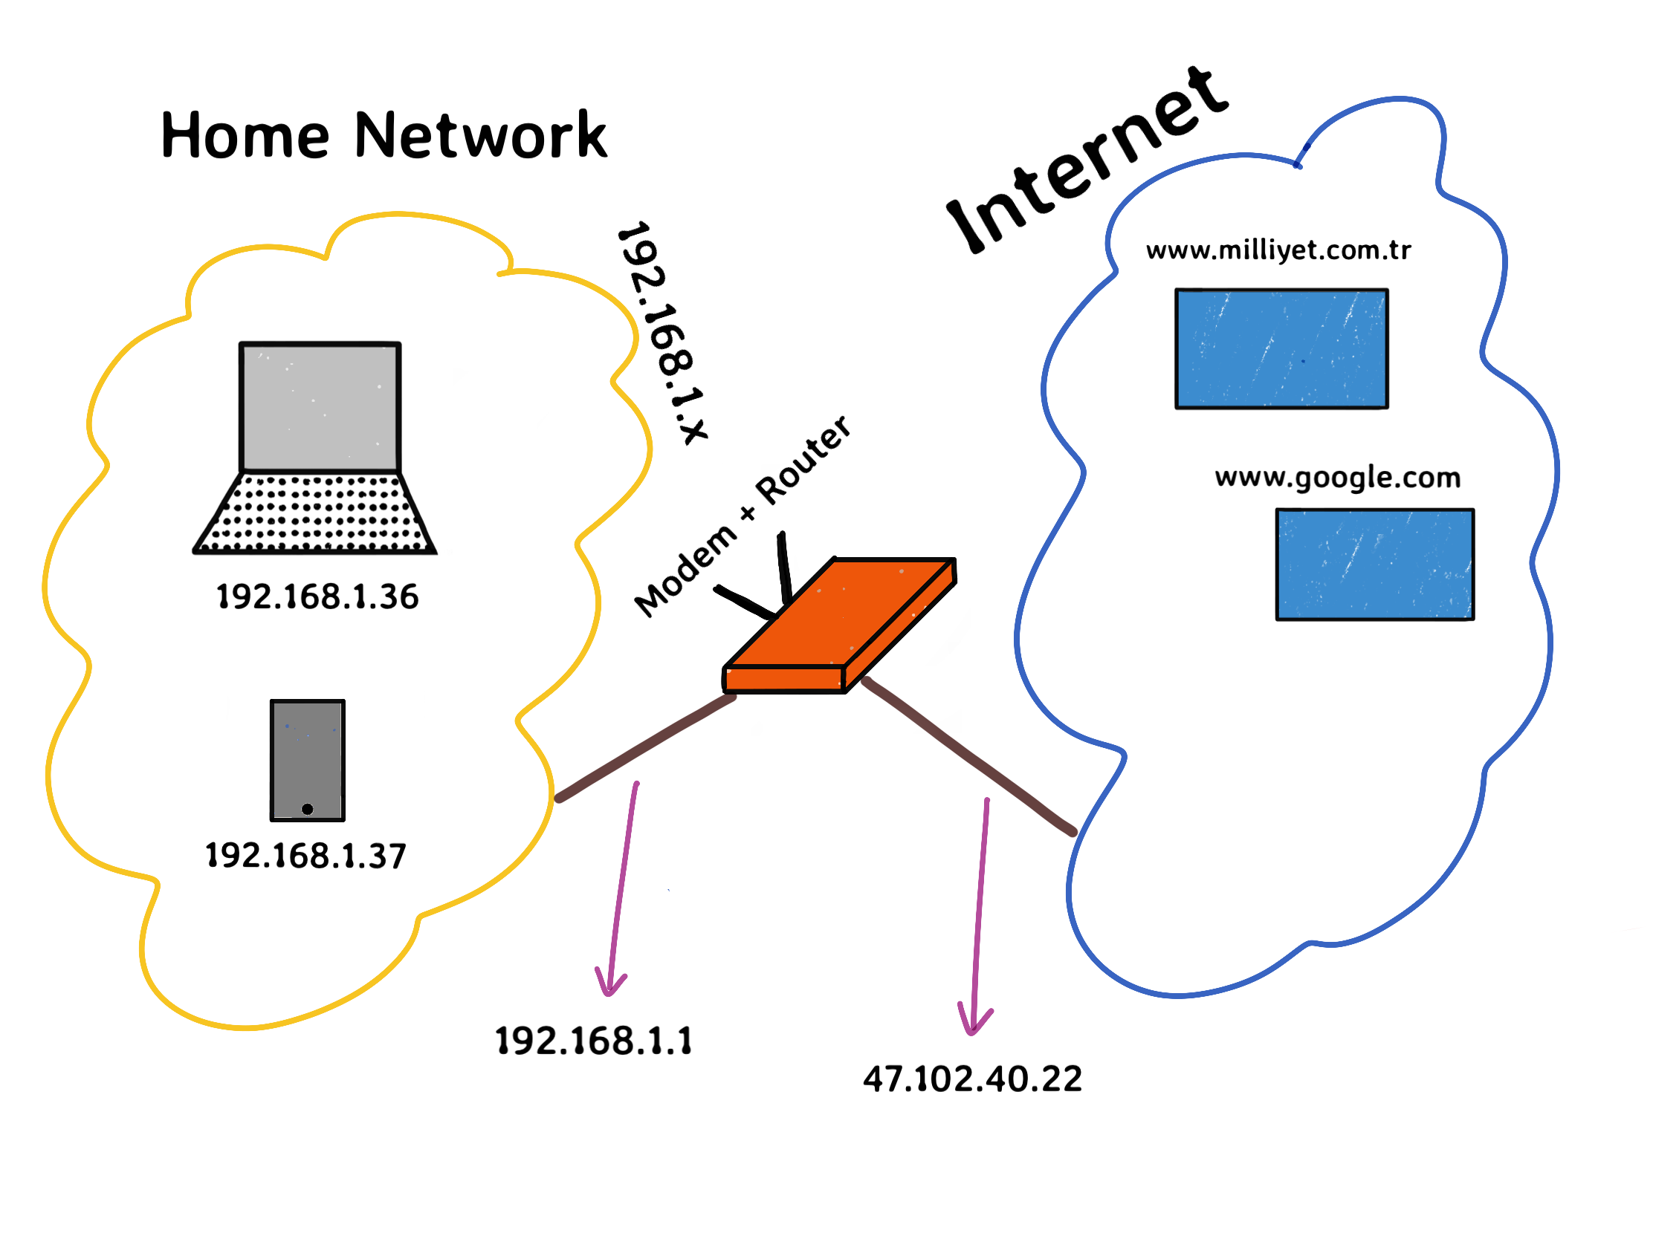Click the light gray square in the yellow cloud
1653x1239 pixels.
pyautogui.click(x=320, y=408)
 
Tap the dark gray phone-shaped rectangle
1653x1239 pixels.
pyautogui.click(x=307, y=754)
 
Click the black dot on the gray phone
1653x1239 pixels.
pyautogui.click(x=307, y=809)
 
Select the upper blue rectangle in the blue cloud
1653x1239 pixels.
pyautogui.click(x=1281, y=349)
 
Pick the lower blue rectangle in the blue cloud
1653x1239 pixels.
pyautogui.click(x=1374, y=565)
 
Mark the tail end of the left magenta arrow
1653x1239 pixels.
pyautogui.click(x=636, y=784)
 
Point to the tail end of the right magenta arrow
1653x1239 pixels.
pyautogui.click(x=987, y=801)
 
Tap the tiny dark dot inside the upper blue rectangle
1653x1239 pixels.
pyautogui.click(x=1302, y=362)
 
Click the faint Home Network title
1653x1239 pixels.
pyautogui.click(x=374, y=131)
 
